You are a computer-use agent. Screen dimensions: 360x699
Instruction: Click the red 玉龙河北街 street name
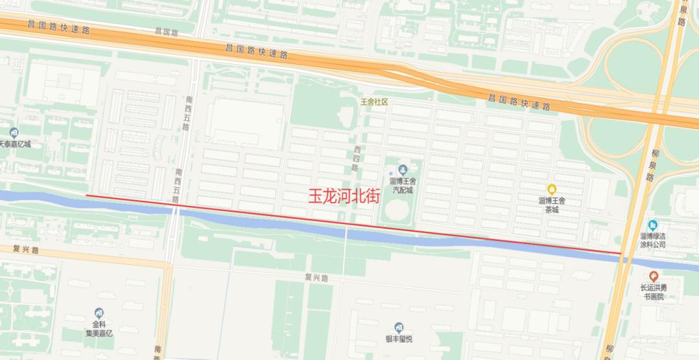coord(343,197)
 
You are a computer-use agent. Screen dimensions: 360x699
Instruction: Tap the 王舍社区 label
coord(373,102)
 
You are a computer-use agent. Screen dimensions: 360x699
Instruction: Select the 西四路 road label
coord(355,159)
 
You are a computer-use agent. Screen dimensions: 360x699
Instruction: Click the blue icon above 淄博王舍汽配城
coord(402,170)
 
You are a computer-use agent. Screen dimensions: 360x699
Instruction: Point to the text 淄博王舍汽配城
coord(401,186)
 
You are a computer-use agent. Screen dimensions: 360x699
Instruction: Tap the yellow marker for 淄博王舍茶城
coord(551,189)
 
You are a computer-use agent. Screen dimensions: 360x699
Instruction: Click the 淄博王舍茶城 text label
coord(551,205)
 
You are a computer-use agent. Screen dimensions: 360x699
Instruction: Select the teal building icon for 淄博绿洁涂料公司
coord(652,225)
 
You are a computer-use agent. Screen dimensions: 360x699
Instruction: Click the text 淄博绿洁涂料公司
coord(652,241)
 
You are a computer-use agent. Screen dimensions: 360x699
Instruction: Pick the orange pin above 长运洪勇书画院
coord(653,276)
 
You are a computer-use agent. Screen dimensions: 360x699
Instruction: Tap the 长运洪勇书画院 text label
coord(653,293)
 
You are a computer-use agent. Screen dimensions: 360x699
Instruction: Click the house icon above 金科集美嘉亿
coord(99,313)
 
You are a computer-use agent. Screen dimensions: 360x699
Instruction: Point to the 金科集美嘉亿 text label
coord(99,329)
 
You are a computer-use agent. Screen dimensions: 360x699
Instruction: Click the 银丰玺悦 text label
coord(399,339)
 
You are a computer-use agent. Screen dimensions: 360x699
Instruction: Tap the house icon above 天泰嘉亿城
coord(14,133)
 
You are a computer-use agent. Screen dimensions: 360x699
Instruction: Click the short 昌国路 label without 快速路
coord(166,30)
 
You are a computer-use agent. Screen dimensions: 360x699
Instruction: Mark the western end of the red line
coord(87,195)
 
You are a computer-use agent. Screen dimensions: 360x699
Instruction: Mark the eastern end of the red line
coord(621,253)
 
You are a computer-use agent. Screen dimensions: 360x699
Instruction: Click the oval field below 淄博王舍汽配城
coord(400,211)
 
